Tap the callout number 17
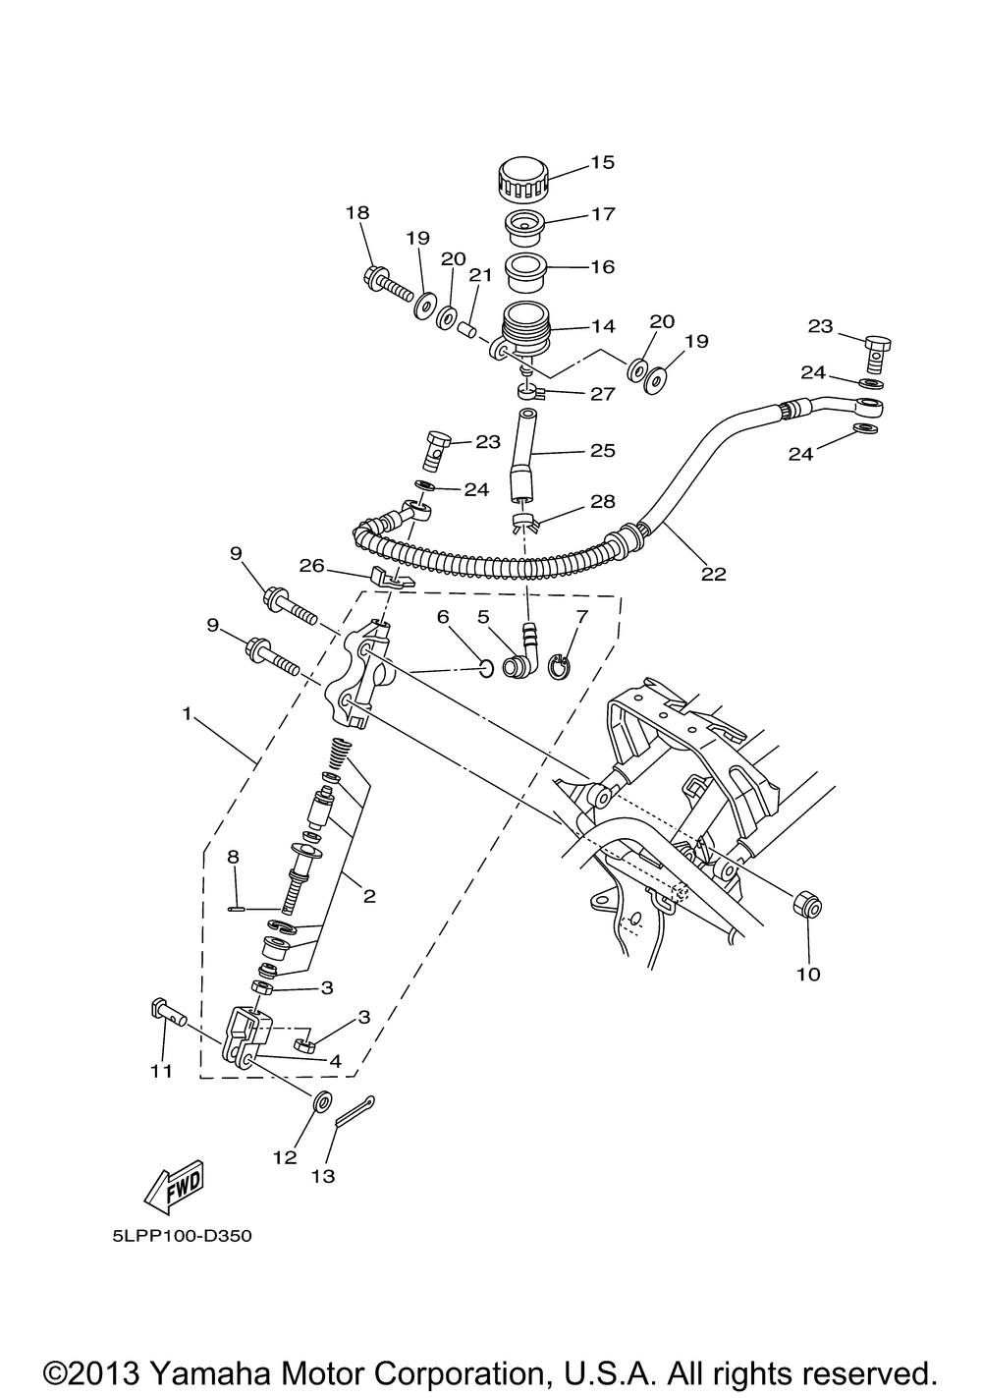pos(603,214)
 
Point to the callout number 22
pos(714,574)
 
